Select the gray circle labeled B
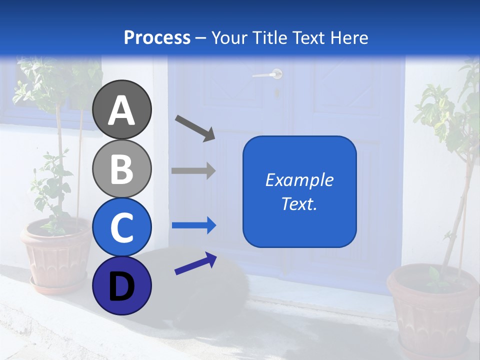(x=122, y=168)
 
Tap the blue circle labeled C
(x=122, y=227)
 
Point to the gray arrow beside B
(x=193, y=170)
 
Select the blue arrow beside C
(x=194, y=226)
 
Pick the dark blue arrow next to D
(x=195, y=263)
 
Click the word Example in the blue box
(x=299, y=180)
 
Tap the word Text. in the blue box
(x=299, y=204)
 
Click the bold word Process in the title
(x=157, y=37)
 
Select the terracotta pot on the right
(x=433, y=310)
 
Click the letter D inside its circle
(x=122, y=287)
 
